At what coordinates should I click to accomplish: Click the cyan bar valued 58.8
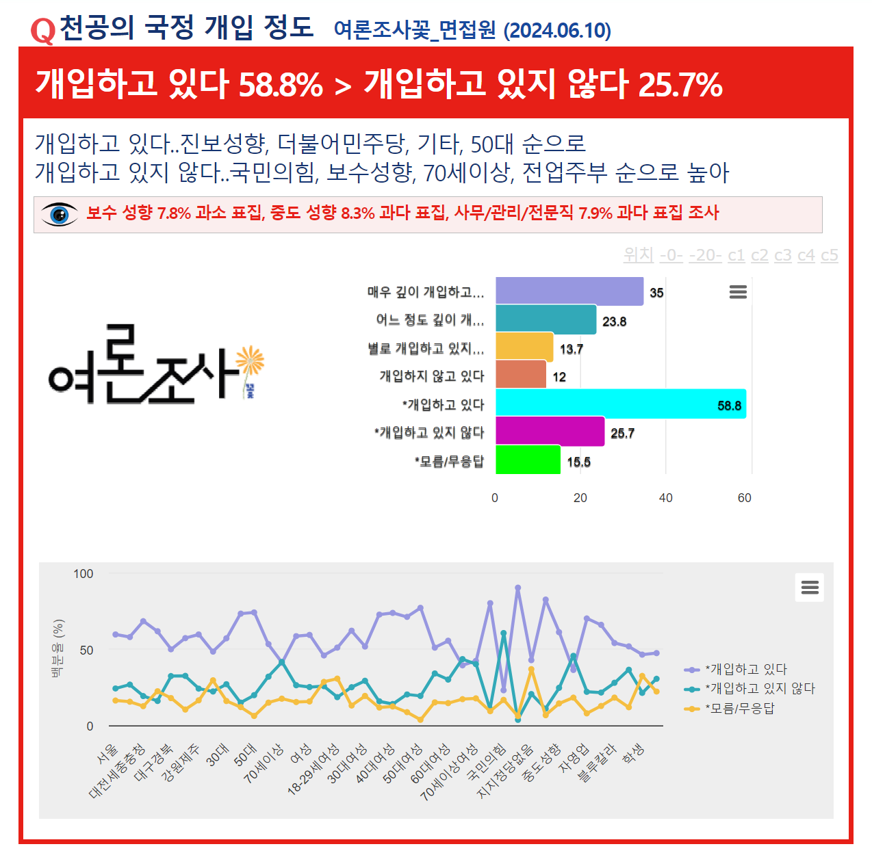point(620,404)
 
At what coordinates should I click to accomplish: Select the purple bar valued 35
point(569,291)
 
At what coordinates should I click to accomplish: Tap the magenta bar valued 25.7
point(550,432)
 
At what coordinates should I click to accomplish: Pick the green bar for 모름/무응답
point(528,460)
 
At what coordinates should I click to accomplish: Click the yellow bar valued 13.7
point(524,347)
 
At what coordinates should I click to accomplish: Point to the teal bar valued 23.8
point(546,319)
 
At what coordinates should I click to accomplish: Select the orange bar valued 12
point(521,375)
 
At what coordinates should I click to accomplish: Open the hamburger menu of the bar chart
point(738,292)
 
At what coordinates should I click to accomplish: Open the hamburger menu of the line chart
point(810,588)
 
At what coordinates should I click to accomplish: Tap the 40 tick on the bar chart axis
point(665,498)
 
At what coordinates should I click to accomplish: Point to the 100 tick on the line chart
point(84,574)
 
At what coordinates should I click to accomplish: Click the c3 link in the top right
point(782,255)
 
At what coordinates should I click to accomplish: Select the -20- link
point(705,255)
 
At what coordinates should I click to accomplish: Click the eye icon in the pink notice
point(60,214)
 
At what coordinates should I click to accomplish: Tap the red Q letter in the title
point(42,30)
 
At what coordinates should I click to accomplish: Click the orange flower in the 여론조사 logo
point(250,360)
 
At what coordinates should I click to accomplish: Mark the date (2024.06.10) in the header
point(557,31)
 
